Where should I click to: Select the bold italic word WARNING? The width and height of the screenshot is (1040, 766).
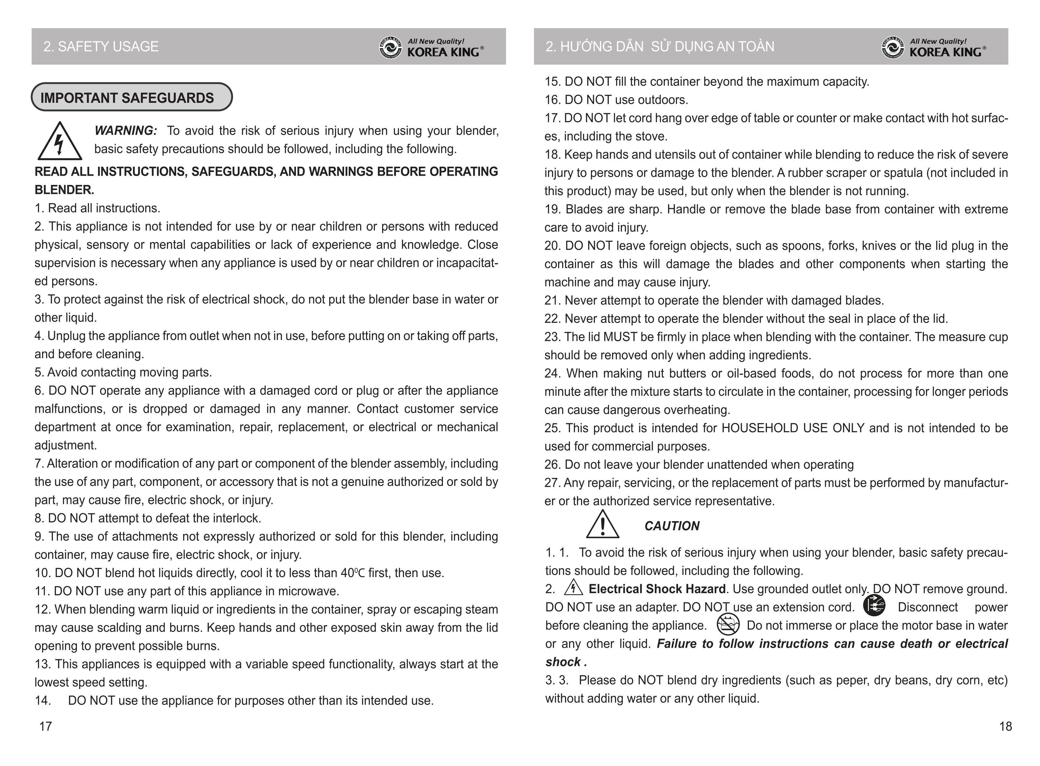(x=126, y=131)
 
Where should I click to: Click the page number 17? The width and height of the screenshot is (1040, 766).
(x=45, y=726)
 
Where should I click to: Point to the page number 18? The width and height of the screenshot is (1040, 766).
(x=1005, y=726)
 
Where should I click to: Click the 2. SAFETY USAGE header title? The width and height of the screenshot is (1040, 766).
(x=101, y=46)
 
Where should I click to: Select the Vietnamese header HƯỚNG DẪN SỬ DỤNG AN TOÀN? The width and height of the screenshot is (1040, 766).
(x=660, y=46)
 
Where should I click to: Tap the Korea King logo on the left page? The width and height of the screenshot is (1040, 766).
(x=432, y=47)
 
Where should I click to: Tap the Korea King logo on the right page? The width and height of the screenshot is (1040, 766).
(x=933, y=47)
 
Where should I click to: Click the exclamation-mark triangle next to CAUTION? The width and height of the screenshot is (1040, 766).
(x=602, y=525)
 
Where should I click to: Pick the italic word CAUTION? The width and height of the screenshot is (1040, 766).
(x=672, y=526)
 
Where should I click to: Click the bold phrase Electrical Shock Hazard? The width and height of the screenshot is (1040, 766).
(x=657, y=589)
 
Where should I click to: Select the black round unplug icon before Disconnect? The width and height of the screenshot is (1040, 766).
(x=874, y=605)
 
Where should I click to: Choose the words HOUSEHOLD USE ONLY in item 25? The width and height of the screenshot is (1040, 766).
(x=793, y=428)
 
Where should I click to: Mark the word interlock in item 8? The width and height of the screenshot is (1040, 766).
(x=237, y=518)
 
